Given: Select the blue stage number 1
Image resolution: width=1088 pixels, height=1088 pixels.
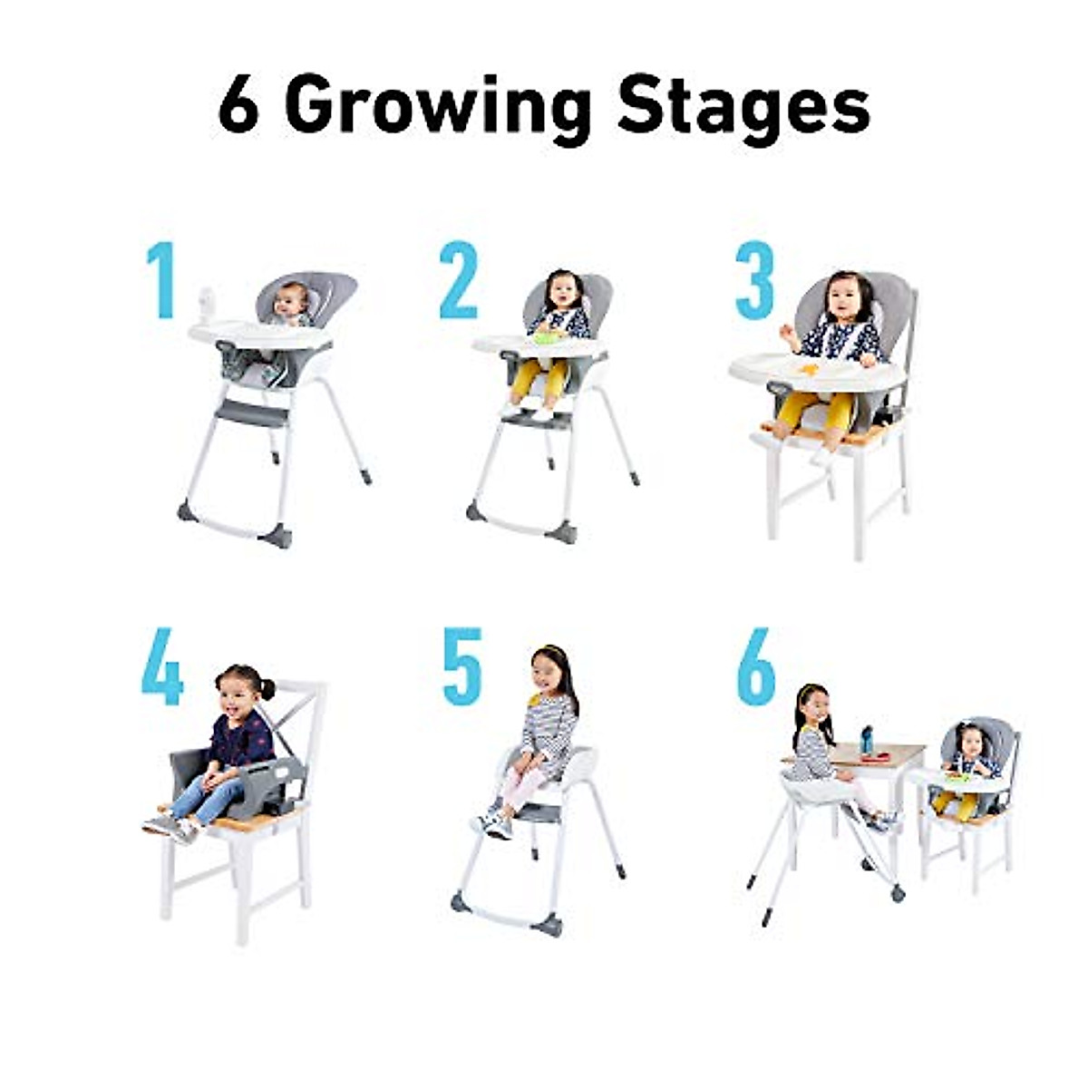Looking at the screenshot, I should pyautogui.click(x=160, y=280).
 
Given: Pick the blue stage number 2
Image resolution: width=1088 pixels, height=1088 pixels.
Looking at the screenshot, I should pyautogui.click(x=458, y=280).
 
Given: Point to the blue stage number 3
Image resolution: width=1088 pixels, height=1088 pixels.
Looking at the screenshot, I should pyautogui.click(x=755, y=280).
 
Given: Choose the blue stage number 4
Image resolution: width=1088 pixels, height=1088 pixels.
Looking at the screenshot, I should pyautogui.click(x=162, y=669).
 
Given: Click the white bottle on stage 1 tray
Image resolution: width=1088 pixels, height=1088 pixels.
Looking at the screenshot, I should pyautogui.click(x=206, y=305).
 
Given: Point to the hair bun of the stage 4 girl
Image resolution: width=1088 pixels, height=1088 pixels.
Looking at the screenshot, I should pyautogui.click(x=267, y=689).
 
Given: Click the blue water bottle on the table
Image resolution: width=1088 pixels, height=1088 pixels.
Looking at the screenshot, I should pyautogui.click(x=867, y=739).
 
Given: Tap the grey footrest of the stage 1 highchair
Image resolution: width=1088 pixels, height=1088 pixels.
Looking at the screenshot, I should pyautogui.click(x=252, y=414).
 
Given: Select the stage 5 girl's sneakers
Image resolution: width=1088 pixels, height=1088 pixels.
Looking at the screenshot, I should pyautogui.click(x=497, y=822).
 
